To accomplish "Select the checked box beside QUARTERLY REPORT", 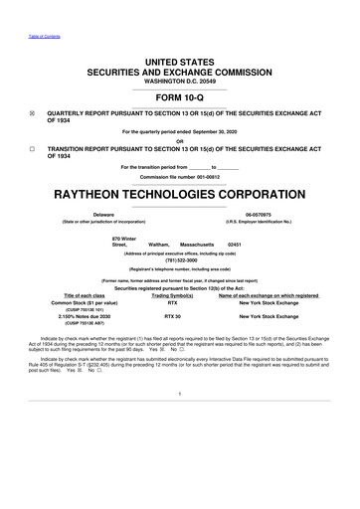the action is tap(33, 113).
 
